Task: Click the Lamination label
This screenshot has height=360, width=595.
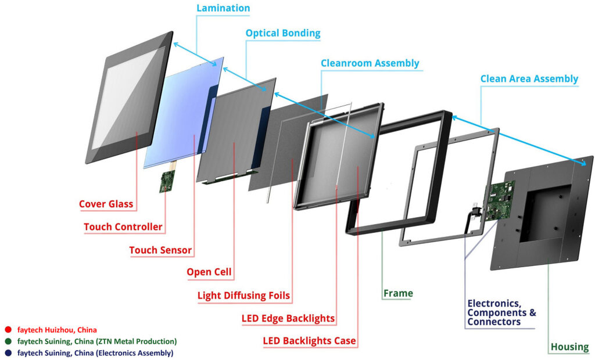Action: coord(223,8)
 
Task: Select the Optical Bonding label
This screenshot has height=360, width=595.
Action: coord(282,33)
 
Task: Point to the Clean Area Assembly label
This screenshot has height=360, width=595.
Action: coord(529,78)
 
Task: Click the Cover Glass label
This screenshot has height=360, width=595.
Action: coord(106,204)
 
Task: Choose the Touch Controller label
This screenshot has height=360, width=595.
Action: coord(123,226)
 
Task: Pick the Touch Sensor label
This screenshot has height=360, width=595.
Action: coord(160,250)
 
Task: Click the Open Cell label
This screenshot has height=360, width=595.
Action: coord(209,272)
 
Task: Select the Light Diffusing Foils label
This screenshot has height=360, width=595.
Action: coord(243,296)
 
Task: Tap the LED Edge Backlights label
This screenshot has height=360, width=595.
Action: coord(288,318)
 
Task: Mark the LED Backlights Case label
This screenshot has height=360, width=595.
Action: coord(309,340)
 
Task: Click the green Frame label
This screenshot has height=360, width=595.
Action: coord(398,293)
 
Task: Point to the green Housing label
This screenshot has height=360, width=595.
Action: coord(569,347)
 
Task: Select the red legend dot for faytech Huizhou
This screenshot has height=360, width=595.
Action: coord(8,330)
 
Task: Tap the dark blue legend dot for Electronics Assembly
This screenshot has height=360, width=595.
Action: coord(8,352)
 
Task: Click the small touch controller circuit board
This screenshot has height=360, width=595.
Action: coord(167,182)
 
